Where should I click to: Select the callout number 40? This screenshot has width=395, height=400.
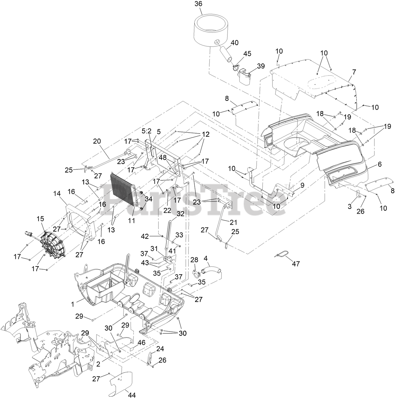click(x=235, y=43)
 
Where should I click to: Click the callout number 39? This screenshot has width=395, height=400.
click(x=261, y=66)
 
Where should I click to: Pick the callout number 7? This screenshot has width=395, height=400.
click(x=354, y=72)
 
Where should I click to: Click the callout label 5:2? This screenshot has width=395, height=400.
click(x=146, y=131)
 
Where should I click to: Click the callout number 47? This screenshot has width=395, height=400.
click(x=296, y=264)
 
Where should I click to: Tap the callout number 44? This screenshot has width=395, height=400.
click(x=132, y=395)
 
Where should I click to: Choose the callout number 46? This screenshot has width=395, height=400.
click(x=142, y=342)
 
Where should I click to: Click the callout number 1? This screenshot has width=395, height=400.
click(x=73, y=304)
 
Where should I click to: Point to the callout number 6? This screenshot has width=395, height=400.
click(x=380, y=164)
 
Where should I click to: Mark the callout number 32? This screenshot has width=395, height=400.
click(x=181, y=214)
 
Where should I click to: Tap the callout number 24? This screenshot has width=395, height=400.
click(x=160, y=349)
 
